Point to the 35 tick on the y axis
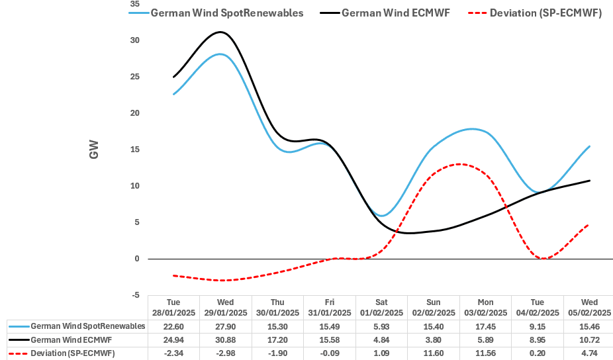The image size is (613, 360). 135,4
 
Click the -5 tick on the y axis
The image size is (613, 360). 135,295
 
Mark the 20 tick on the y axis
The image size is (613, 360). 135,113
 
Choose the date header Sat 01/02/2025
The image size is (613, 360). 381,308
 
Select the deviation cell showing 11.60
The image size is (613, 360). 432,353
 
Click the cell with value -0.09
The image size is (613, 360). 329,353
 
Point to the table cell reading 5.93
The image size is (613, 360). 381,327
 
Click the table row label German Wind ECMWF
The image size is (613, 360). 73,340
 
